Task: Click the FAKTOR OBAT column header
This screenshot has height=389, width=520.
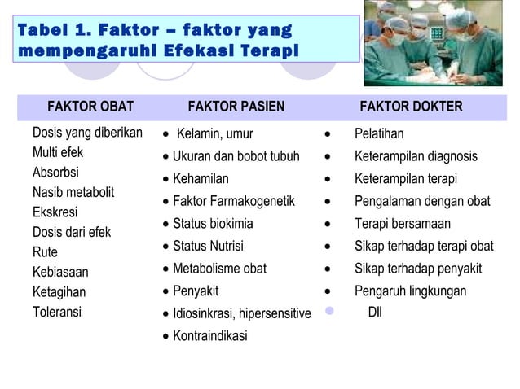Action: click(x=90, y=107)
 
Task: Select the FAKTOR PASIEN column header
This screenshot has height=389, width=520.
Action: click(x=236, y=107)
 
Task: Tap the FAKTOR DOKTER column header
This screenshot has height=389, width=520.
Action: click(x=411, y=107)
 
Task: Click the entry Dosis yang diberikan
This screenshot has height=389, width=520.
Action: click(x=87, y=133)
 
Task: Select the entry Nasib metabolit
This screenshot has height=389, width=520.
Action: click(x=73, y=192)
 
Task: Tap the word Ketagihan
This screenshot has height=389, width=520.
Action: click(x=59, y=291)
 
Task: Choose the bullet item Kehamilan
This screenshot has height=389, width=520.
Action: click(x=201, y=179)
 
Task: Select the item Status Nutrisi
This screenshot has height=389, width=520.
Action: click(x=208, y=246)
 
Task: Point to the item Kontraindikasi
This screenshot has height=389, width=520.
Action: click(x=209, y=335)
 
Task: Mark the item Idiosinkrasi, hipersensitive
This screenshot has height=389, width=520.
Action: click(x=241, y=313)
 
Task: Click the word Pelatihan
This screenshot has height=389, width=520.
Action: click(x=379, y=133)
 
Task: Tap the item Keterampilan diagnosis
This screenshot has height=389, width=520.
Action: click(x=416, y=156)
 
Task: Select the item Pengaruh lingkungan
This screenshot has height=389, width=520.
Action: click(x=410, y=291)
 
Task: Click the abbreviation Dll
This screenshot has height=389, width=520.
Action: click(x=376, y=312)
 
